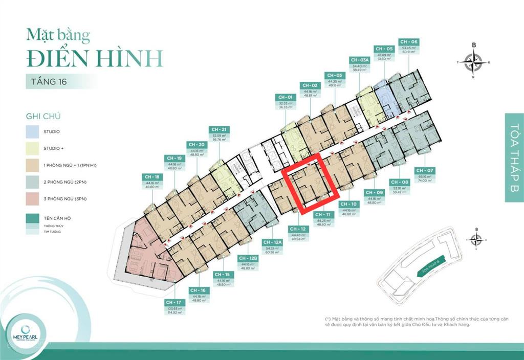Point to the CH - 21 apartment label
coord(218,129)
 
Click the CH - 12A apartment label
coord(272,242)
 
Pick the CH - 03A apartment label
coord(357,59)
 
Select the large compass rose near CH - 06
coord(474,62)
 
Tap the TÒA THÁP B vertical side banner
coord(514,157)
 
